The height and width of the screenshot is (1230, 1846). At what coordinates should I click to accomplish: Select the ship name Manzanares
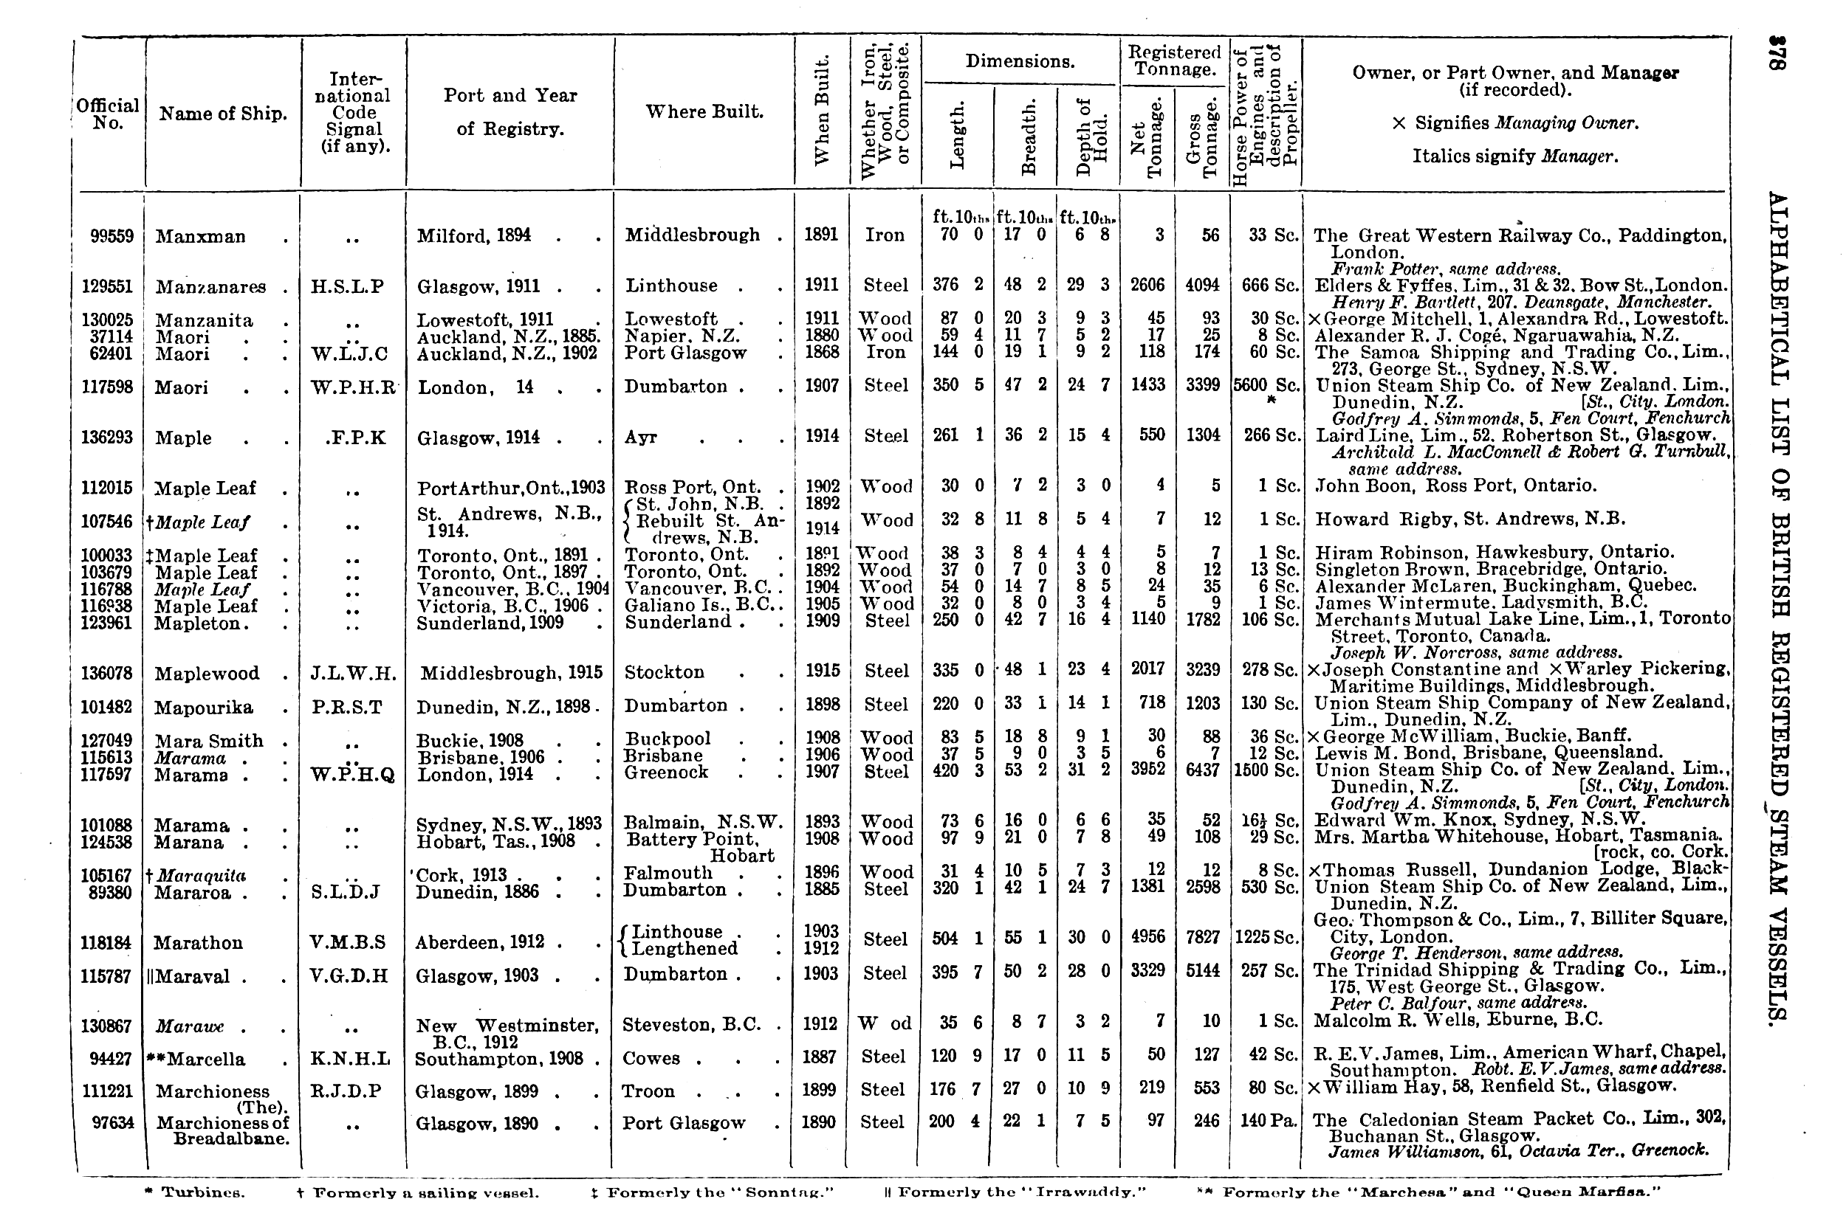point(210,287)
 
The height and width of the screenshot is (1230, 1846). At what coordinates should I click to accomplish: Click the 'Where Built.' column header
point(704,111)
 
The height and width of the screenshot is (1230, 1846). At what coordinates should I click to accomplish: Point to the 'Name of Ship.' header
point(223,114)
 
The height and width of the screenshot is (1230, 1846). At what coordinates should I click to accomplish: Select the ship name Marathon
point(198,943)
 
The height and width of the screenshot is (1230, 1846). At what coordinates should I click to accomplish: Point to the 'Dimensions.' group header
point(1020,61)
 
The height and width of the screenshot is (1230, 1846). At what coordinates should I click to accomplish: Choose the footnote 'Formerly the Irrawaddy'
point(1015,1193)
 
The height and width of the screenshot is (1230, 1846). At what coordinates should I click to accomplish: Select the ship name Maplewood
point(207,674)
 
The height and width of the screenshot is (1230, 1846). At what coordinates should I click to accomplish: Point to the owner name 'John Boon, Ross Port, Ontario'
point(1455,486)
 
